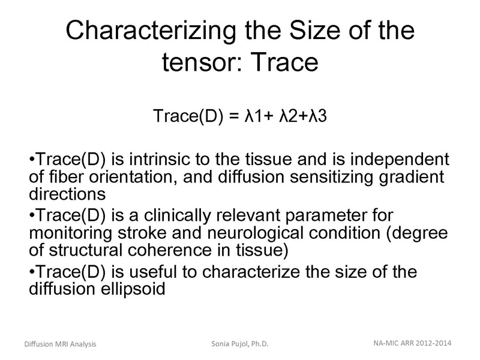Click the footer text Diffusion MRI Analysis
tap(60, 344)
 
